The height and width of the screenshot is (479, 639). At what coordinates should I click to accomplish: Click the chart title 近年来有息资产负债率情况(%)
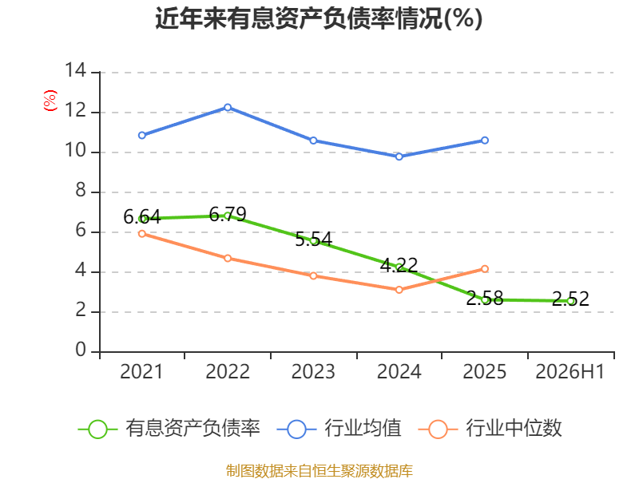tap(319, 18)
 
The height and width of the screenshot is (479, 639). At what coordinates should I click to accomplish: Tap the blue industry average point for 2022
tap(228, 108)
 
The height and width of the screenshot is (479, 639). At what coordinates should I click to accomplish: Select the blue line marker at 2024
tap(399, 156)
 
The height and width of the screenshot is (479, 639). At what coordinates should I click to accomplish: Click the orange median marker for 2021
tap(142, 234)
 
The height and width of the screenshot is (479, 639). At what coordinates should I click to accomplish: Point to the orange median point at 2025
tap(485, 269)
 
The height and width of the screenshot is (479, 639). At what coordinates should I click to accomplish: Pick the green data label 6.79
tap(228, 214)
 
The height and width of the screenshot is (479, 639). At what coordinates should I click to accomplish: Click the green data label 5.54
tap(313, 239)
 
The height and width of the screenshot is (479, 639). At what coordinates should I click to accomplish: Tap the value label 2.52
tap(570, 299)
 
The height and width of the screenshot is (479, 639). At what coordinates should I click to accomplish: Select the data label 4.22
tap(399, 266)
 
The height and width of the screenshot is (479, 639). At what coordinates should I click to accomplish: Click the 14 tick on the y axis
tap(76, 70)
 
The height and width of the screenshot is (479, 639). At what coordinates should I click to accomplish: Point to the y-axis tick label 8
tap(81, 190)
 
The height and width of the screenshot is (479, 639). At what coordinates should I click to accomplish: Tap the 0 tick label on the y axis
tap(81, 350)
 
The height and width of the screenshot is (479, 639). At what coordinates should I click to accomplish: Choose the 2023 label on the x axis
tap(313, 372)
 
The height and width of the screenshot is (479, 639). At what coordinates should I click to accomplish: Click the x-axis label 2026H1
tap(570, 372)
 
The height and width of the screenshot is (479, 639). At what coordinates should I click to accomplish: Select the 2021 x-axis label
tap(141, 372)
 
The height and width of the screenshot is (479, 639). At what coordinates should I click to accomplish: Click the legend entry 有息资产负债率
tap(169, 429)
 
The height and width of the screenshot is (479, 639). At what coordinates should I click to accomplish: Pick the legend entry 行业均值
tap(339, 429)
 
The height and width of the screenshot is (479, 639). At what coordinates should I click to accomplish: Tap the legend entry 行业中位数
tap(490, 429)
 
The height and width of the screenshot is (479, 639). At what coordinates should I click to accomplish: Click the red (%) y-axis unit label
tap(50, 101)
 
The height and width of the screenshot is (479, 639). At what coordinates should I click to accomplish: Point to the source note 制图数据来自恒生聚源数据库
tap(319, 471)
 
